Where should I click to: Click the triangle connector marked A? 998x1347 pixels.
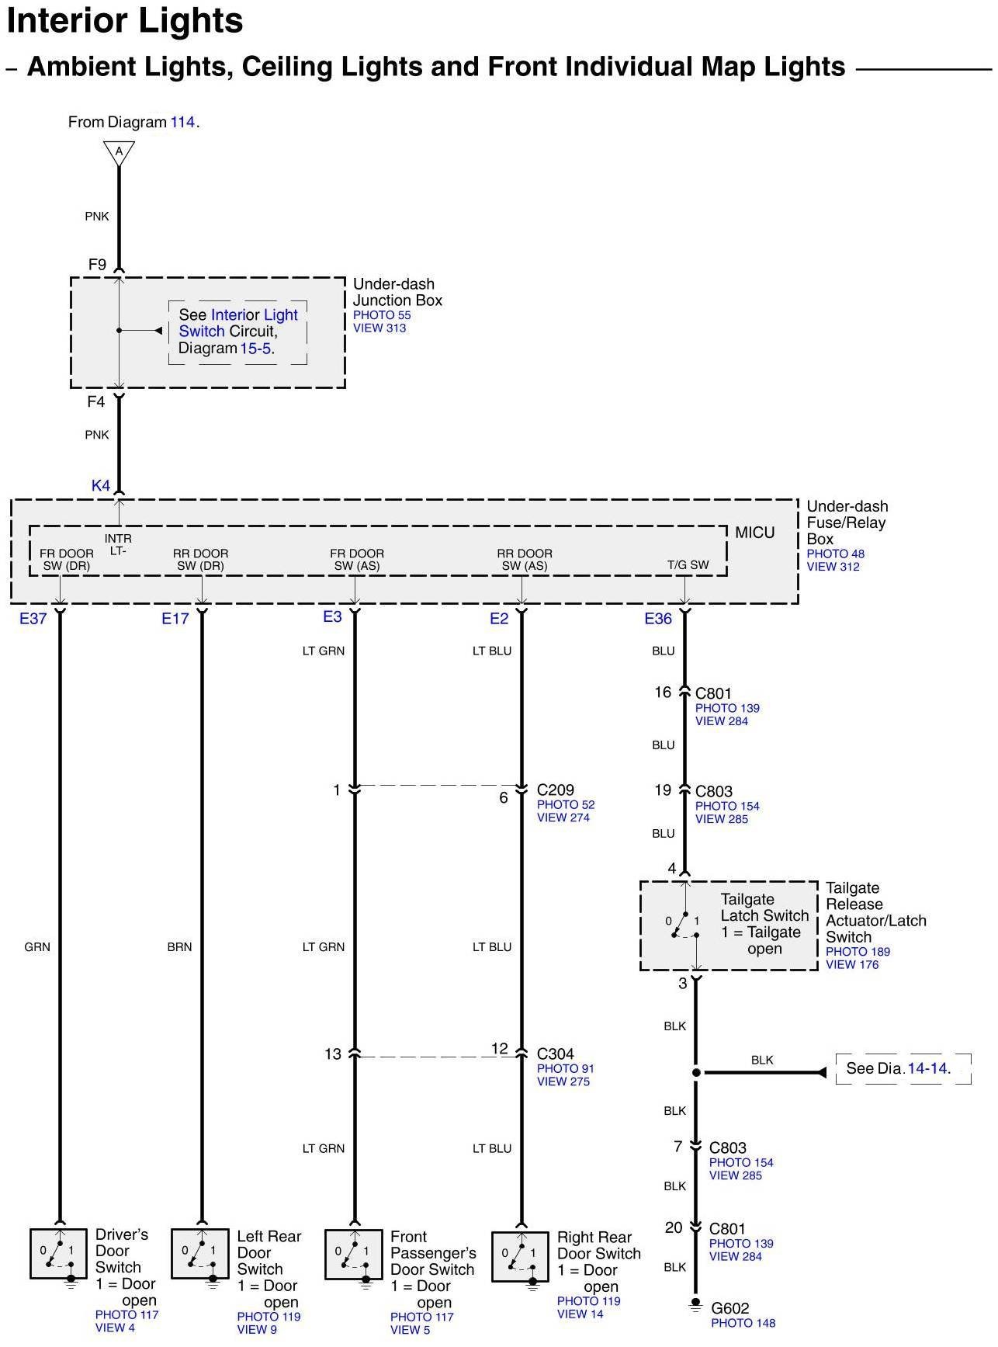[x=119, y=152]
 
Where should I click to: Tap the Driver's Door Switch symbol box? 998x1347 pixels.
[x=58, y=1253]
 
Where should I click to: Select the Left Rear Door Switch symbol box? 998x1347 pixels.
[x=199, y=1253]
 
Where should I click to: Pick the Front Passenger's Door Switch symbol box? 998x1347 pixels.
[x=353, y=1254]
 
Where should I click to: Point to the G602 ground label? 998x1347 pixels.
[x=729, y=1308]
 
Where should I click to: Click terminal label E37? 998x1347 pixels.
[x=33, y=618]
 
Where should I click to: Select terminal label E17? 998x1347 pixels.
[x=175, y=618]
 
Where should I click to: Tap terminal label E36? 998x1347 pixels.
[x=657, y=618]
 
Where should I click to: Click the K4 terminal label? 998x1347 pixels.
[x=101, y=485]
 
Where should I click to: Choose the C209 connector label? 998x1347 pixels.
[x=556, y=790]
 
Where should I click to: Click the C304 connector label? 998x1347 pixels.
[x=556, y=1054]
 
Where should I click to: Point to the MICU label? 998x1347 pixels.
[x=754, y=533]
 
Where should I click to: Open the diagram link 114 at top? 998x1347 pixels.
[x=182, y=122]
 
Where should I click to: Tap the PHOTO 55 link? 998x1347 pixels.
[x=382, y=315]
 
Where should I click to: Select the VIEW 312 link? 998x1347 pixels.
[x=833, y=567]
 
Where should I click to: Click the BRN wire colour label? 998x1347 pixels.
[x=179, y=946]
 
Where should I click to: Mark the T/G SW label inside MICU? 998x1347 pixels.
[x=688, y=564]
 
